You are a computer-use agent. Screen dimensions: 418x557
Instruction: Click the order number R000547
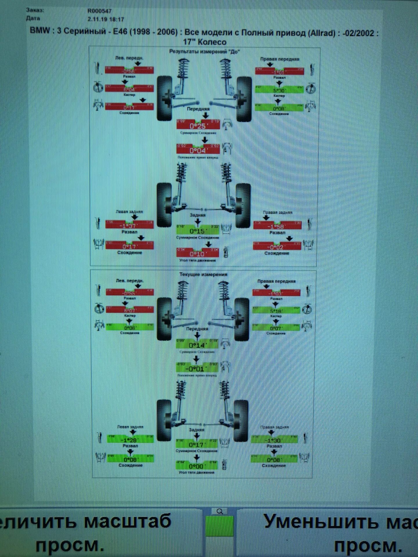pyautogui.click(x=99, y=11)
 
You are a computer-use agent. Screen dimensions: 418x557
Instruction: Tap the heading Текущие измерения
pyautogui.click(x=203, y=274)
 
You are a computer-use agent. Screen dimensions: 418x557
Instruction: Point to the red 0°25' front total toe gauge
pyautogui.click(x=198, y=125)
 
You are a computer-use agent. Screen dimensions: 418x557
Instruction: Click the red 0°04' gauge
pyautogui.click(x=198, y=150)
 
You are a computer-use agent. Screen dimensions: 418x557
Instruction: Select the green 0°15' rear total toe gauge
pyautogui.click(x=197, y=230)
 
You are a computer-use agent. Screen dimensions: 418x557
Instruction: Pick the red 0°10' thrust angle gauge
pyautogui.click(x=198, y=253)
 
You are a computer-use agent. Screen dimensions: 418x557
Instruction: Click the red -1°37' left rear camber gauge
pyautogui.click(x=129, y=225)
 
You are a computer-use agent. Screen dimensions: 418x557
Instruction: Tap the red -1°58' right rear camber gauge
pyautogui.click(x=277, y=226)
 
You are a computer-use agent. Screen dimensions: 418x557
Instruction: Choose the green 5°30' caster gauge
pyautogui.click(x=279, y=90)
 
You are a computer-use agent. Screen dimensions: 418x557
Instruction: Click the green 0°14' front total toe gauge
pyautogui.click(x=197, y=345)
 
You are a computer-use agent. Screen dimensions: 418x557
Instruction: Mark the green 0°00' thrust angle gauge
pyautogui.click(x=197, y=466)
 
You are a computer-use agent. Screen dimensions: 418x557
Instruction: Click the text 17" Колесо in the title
pyautogui.click(x=204, y=42)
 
